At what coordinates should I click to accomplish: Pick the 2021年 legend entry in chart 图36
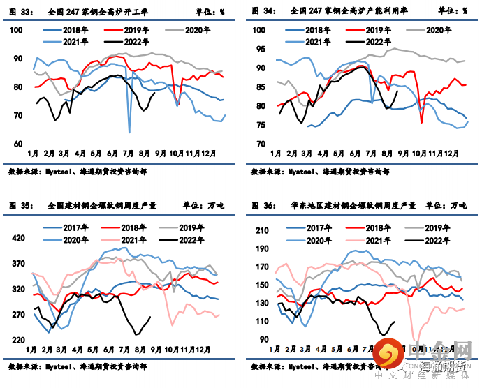[371, 239]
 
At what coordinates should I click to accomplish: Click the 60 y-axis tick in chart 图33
[20, 144]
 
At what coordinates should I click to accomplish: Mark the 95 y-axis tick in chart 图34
[258, 50]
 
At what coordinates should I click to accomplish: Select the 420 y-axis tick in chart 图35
[18, 238]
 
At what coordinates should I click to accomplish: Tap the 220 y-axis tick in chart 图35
[18, 340]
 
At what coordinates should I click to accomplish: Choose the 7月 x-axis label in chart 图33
[128, 152]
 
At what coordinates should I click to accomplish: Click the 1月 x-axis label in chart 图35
[32, 348]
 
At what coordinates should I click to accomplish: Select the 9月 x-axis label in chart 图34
[402, 152]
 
